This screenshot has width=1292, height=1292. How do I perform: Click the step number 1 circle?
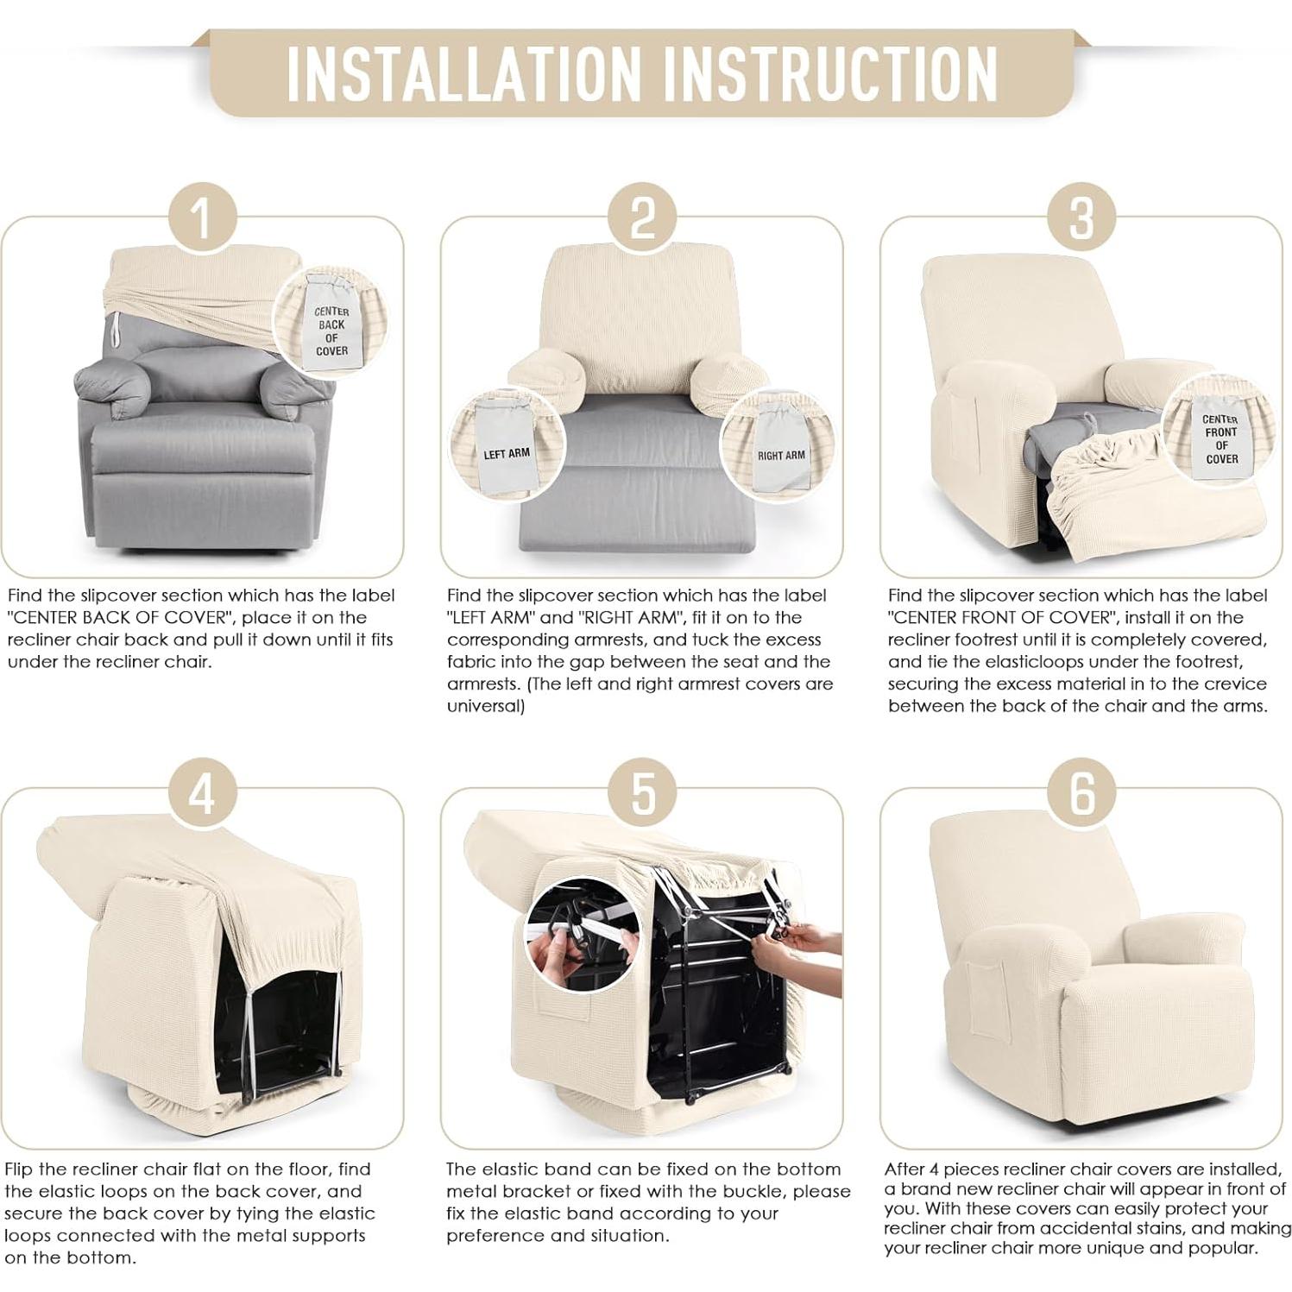point(203,218)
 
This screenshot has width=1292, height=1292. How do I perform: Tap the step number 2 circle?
point(642,218)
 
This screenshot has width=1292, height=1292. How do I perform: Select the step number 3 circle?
point(1081,218)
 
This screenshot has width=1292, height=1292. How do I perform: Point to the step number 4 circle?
point(203,792)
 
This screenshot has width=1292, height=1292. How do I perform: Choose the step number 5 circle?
point(642,792)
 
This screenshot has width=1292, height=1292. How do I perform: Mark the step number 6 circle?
point(1081,792)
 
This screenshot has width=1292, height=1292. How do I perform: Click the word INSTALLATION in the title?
point(464,73)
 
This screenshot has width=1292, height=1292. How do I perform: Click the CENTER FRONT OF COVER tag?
point(1220,436)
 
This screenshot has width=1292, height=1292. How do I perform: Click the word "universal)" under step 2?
point(486,706)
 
